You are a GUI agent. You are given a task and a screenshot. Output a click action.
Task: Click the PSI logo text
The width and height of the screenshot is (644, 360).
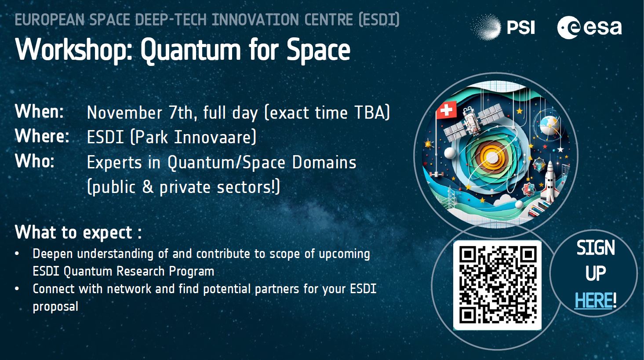point(520,28)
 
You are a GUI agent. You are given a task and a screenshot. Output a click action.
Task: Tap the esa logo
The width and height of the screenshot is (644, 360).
point(589,28)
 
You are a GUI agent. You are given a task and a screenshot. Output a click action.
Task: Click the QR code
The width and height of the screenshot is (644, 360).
point(497,285)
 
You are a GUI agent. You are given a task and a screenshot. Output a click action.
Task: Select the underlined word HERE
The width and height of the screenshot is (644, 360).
point(593,301)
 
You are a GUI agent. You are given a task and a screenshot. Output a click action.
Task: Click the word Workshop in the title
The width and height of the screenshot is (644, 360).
point(74,50)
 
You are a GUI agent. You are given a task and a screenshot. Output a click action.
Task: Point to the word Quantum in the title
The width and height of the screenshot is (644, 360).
point(191,50)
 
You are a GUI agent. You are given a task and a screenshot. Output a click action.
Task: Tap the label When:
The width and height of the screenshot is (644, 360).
point(39,111)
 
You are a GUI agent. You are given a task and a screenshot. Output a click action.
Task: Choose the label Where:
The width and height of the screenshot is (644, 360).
point(42,136)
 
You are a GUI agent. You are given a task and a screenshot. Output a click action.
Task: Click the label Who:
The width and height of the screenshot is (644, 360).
point(34,161)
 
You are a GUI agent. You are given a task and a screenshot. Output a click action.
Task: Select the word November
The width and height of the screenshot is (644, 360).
point(124,112)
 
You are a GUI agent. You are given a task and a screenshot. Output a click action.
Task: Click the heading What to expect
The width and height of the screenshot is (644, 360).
point(78,233)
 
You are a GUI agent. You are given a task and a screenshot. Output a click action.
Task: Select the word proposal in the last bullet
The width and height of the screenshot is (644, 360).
point(55,307)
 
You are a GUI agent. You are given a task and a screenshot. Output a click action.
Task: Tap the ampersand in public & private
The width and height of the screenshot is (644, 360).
point(148,187)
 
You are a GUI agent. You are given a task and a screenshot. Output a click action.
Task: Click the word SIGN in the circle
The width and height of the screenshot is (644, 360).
point(596,247)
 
